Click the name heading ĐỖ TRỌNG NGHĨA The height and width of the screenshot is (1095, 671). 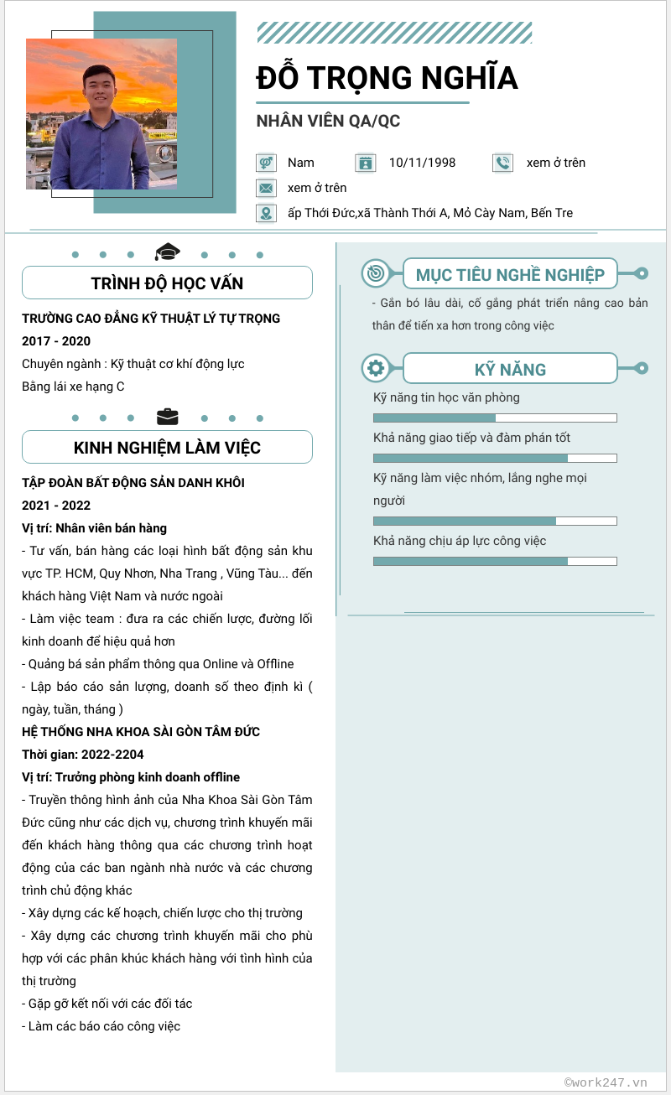tap(387, 78)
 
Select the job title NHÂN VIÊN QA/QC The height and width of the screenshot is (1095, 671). tap(328, 121)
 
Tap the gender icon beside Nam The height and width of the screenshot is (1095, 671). tap(266, 163)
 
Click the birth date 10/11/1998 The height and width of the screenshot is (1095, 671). tap(422, 163)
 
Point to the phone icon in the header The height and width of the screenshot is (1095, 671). tap(502, 163)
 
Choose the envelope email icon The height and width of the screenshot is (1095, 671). tap(266, 188)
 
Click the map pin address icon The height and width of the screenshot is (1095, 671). tap(266, 213)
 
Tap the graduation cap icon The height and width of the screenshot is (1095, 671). tap(168, 252)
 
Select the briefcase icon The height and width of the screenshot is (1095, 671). tap(168, 417)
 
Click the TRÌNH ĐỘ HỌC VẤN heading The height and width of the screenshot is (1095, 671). tap(167, 283)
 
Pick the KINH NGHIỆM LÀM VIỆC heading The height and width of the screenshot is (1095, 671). tap(167, 448)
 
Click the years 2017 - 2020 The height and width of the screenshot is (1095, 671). tap(56, 341)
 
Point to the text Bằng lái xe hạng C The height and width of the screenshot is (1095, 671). tap(73, 387)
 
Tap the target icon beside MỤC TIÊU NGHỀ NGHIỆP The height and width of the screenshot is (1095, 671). tap(375, 273)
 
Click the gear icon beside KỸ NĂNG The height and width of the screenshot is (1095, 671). tap(375, 368)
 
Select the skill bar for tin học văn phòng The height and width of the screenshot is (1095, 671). tap(495, 418)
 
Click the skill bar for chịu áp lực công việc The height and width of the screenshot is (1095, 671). tap(495, 561)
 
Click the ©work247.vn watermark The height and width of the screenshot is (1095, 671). tap(606, 1082)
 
